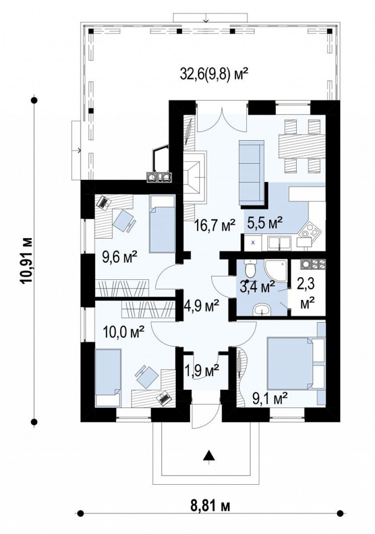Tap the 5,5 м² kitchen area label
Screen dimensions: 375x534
point(265,223)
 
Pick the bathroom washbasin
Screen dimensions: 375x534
point(261,309)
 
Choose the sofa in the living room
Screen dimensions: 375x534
point(252,173)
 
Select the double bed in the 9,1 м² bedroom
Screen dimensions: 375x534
point(290,363)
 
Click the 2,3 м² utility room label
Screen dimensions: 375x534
point(307,294)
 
